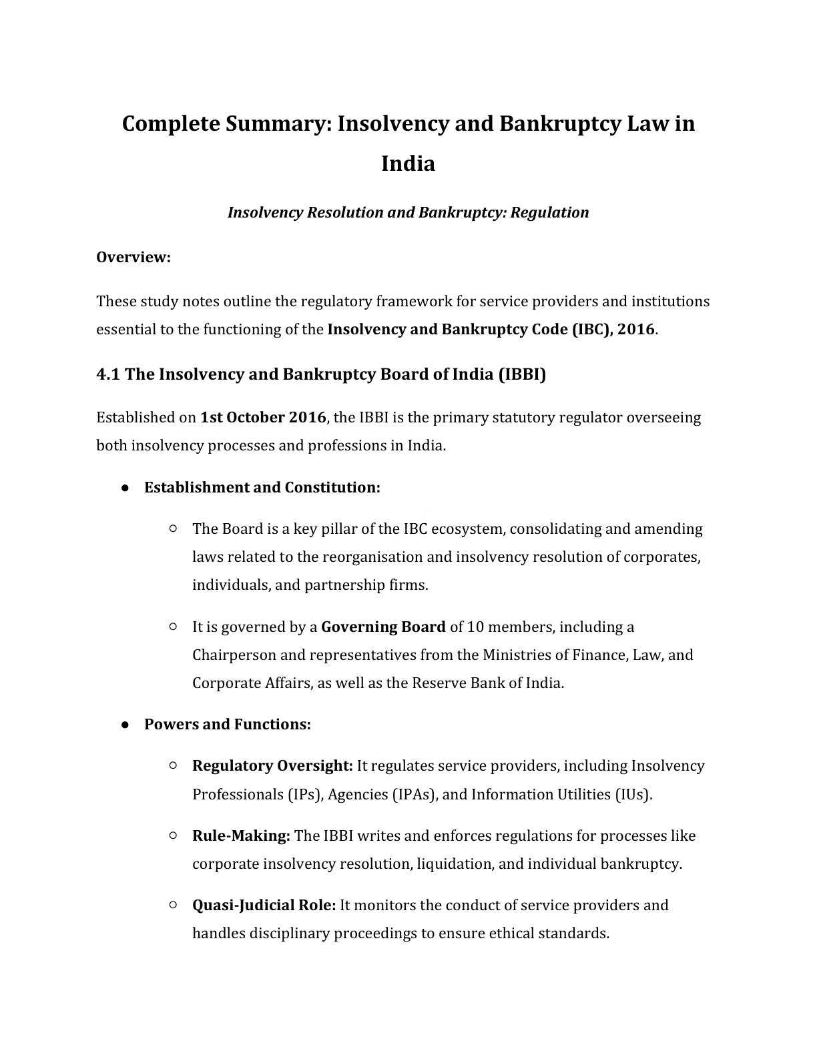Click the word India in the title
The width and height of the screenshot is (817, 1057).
[x=408, y=163]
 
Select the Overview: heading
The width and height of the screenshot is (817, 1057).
[x=133, y=258]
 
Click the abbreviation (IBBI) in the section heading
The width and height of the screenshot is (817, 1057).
[x=522, y=374]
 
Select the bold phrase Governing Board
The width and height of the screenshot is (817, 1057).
[x=383, y=627]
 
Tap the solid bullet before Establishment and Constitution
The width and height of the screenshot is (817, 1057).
[x=125, y=488]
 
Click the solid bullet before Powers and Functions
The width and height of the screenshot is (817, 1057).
[x=125, y=725]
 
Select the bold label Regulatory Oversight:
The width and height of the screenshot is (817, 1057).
[x=272, y=766]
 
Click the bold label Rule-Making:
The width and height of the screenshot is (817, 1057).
[x=241, y=836]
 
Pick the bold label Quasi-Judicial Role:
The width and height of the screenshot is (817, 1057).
[x=264, y=906]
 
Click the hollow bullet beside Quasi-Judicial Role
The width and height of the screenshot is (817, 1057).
[x=173, y=906]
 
